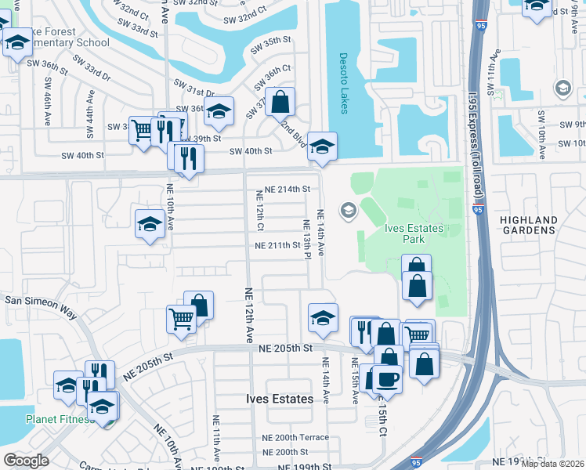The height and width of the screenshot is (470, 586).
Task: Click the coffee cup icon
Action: [x=386, y=379]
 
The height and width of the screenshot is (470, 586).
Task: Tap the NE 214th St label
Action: [x=287, y=190]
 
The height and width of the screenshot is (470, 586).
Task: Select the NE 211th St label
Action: [x=277, y=245]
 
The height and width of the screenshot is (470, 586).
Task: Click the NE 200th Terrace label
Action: [x=295, y=438]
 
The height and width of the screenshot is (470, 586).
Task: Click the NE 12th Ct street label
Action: [x=259, y=210]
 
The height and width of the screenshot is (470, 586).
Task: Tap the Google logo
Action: [x=26, y=461]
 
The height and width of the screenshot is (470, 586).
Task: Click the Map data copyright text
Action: [x=552, y=464]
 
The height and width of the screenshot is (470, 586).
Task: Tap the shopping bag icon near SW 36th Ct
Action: [x=280, y=101]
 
